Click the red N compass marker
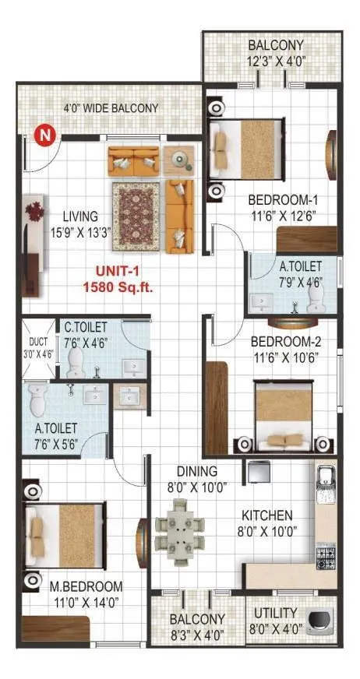[46, 135]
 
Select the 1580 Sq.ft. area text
[118, 287]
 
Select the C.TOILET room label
[86, 327]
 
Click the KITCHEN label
[266, 515]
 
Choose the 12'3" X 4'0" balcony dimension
[276, 60]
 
